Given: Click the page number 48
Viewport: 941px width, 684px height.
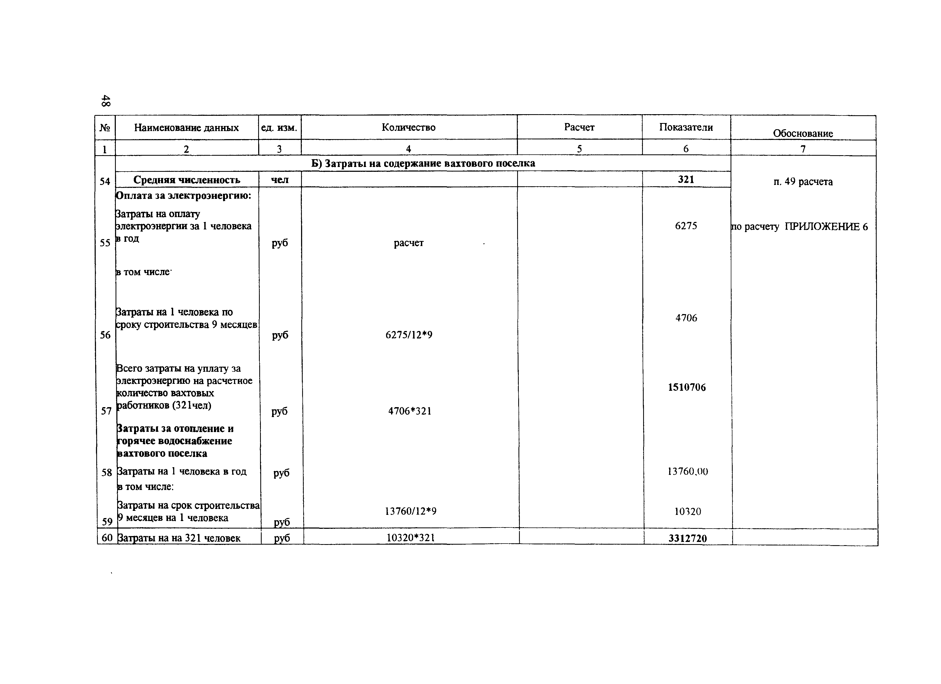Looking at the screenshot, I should click(x=106, y=101).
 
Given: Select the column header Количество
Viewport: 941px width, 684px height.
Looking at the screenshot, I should click(x=408, y=127).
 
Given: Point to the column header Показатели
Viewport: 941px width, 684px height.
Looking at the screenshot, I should click(x=686, y=127).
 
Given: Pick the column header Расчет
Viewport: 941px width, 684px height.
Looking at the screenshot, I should click(x=579, y=127).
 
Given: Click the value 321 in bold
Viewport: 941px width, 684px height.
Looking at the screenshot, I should click(x=686, y=180).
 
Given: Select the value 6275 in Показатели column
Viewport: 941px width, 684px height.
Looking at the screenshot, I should click(x=686, y=226).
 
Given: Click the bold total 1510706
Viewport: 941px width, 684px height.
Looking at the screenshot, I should click(x=687, y=387).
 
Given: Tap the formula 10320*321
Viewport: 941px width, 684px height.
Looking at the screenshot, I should click(x=410, y=538).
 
